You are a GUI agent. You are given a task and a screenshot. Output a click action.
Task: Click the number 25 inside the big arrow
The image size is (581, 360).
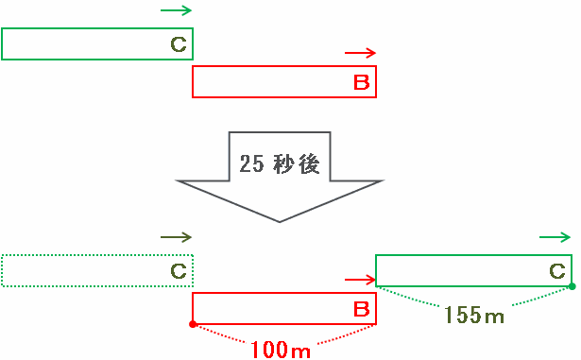click(252, 163)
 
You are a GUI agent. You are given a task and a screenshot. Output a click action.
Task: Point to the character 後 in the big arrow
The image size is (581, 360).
click(309, 163)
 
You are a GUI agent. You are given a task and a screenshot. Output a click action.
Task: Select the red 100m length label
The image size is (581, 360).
click(281, 350)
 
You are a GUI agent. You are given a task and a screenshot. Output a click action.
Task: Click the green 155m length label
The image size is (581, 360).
click(474, 315)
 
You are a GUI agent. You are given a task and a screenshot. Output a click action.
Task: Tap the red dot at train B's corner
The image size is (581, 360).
click(193, 324)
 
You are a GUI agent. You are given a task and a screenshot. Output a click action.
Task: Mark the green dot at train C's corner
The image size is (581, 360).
click(572, 286)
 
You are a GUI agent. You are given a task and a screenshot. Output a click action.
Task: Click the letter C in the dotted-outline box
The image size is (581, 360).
click(179, 271)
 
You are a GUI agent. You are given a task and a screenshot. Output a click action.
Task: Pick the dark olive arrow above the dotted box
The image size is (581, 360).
click(176, 237)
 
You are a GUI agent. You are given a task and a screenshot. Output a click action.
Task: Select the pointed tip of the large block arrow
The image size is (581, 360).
click(280, 222)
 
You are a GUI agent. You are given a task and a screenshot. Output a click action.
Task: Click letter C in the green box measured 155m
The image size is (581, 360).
click(557, 271)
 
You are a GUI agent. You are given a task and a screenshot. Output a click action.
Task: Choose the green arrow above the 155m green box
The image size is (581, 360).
click(555, 237)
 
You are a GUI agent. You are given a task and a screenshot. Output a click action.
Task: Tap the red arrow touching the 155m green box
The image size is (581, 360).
click(360, 280)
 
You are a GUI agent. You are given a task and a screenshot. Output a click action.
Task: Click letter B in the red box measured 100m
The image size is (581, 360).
click(362, 309)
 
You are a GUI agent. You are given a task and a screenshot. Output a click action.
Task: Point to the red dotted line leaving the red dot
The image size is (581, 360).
click(220, 333)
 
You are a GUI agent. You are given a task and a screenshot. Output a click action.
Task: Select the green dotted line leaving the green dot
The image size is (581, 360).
click(542, 297)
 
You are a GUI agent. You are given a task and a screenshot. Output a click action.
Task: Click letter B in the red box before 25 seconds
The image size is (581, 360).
click(362, 82)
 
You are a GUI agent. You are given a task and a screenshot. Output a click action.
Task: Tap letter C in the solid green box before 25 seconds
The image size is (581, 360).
click(179, 44)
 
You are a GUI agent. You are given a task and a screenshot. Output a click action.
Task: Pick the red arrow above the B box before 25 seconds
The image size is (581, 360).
click(360, 53)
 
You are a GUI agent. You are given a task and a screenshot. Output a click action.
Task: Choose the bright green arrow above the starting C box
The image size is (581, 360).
click(176, 10)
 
